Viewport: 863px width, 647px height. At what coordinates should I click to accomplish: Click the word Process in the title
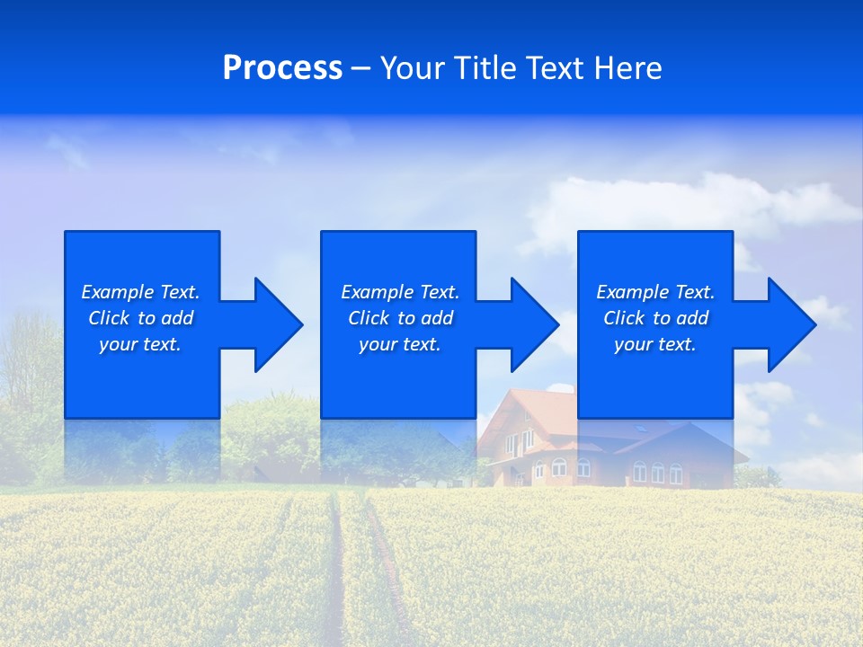tap(282, 68)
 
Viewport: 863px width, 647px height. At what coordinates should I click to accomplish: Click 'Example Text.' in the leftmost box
tap(140, 292)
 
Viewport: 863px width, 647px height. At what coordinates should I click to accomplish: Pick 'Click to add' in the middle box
tap(400, 318)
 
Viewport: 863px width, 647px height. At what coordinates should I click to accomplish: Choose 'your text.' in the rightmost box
tap(655, 344)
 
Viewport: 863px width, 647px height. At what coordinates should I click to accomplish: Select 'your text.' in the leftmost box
tap(140, 344)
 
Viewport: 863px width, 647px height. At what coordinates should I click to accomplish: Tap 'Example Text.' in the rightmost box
tap(655, 292)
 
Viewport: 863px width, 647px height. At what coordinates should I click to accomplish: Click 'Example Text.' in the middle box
tap(400, 292)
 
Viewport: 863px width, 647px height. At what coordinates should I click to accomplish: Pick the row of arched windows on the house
tap(657, 472)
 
